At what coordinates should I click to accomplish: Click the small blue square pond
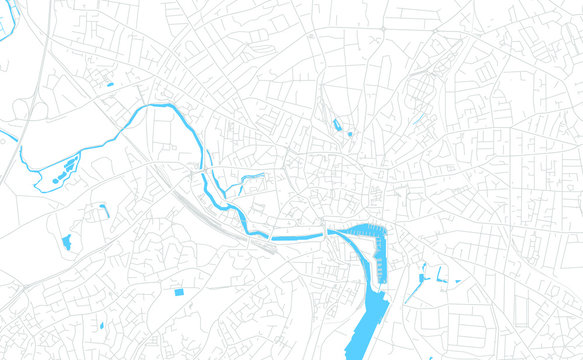tap(179, 291)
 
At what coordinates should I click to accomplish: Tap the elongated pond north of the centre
tap(337, 125)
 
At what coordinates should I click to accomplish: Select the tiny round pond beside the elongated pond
tap(349, 133)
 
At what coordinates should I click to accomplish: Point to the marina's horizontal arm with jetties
tap(356, 232)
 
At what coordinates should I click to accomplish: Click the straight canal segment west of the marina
tap(298, 237)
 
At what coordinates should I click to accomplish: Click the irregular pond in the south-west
tap(67, 242)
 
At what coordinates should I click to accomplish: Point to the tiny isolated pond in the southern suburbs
tap(101, 326)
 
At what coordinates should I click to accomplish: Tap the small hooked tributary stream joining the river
tap(251, 179)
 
